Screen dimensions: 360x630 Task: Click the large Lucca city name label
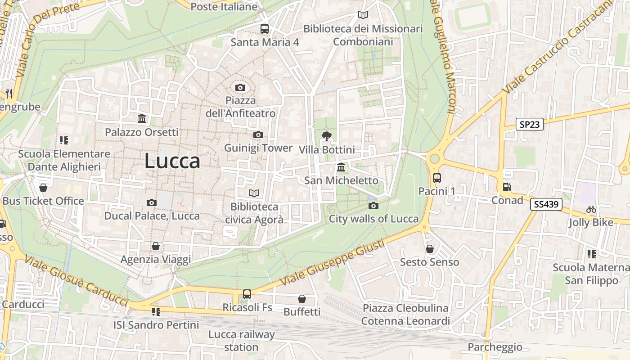[x=172, y=161]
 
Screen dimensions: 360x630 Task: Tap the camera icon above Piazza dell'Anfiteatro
[x=240, y=87]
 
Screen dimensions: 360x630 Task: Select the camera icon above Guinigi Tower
[x=258, y=135]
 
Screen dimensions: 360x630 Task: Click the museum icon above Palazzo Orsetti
[x=142, y=119]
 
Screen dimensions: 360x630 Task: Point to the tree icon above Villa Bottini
[x=327, y=136]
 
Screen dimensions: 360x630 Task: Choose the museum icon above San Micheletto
[x=341, y=167]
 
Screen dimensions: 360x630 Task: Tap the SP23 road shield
[x=529, y=124]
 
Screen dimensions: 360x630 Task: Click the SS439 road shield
[x=546, y=204]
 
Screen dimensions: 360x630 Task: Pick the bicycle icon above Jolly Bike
[x=591, y=209]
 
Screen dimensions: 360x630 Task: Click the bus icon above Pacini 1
[x=436, y=178]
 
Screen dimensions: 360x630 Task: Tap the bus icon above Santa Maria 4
[x=265, y=29]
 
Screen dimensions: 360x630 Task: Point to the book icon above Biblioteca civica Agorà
[x=254, y=193]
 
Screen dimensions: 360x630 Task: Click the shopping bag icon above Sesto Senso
[x=430, y=249]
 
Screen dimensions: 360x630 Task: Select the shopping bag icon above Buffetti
[x=302, y=299]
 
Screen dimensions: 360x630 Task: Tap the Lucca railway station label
[x=241, y=341]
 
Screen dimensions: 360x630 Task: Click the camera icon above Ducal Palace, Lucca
[x=152, y=202]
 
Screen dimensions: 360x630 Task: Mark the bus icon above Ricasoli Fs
[x=247, y=294]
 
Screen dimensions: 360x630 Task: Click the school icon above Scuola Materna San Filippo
[x=591, y=254]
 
